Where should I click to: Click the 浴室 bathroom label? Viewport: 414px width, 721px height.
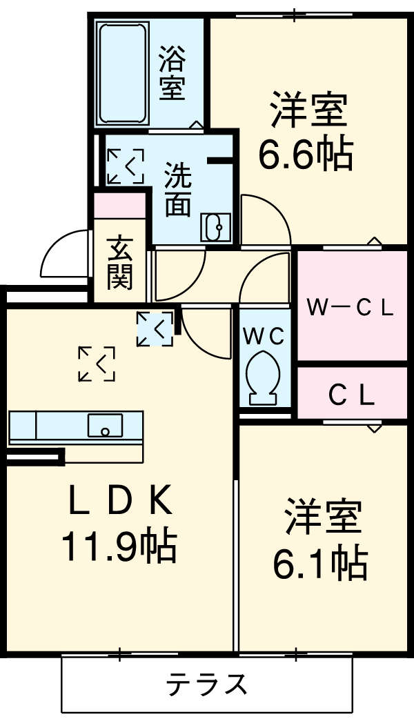(x=172, y=73)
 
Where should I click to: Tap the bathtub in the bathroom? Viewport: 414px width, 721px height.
(x=123, y=72)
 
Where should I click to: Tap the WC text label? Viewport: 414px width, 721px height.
(x=263, y=336)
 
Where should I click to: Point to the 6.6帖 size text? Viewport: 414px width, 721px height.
(x=305, y=155)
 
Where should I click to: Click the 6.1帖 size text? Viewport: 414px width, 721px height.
(x=319, y=563)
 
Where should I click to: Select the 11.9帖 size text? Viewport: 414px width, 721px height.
(x=119, y=546)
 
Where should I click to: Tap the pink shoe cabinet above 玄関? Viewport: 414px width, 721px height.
(x=120, y=206)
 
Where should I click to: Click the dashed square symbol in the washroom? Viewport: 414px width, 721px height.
(x=125, y=166)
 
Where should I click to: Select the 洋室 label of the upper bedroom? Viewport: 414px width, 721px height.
(x=307, y=112)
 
